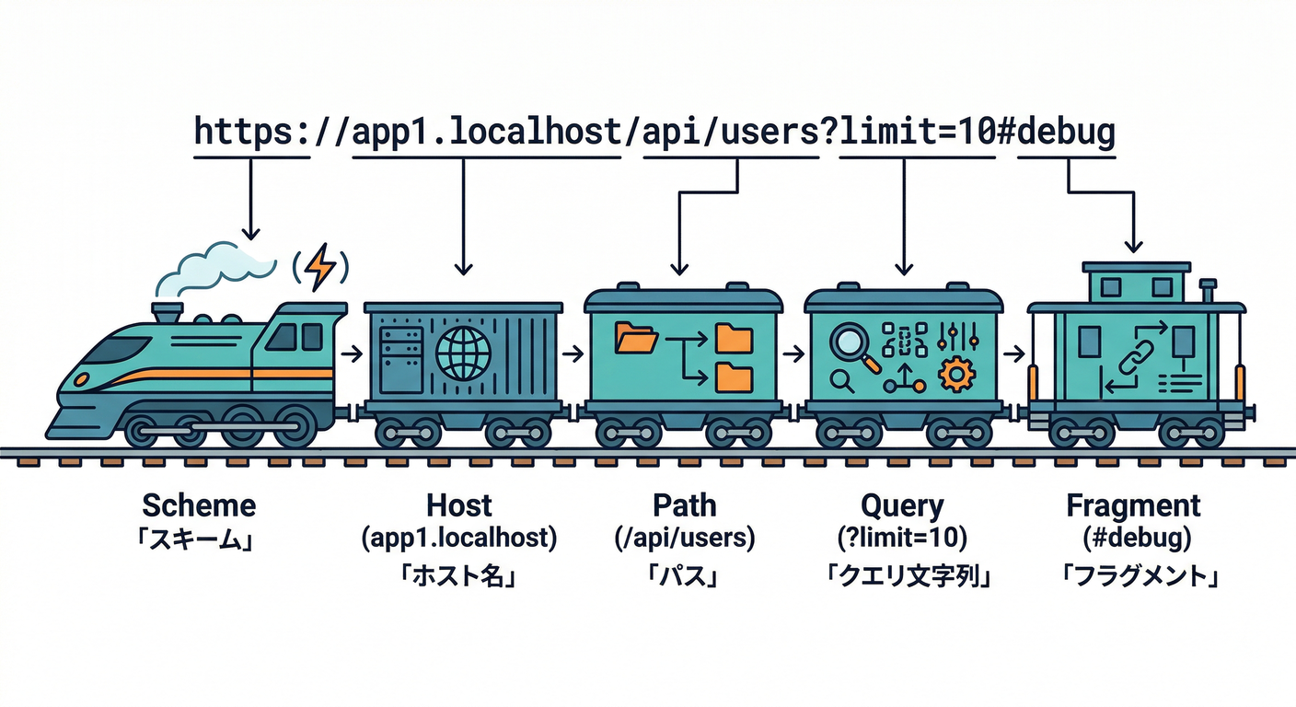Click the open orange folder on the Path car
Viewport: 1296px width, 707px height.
pos(636,338)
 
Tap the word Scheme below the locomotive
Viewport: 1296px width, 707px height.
pos(199,505)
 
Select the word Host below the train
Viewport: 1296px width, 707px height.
pos(458,505)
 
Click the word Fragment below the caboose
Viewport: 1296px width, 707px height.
pos(1133,505)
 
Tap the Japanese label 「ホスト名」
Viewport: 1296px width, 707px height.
pos(458,577)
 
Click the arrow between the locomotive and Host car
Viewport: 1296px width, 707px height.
pos(351,353)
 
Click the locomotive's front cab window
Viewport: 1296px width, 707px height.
pos(118,349)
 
